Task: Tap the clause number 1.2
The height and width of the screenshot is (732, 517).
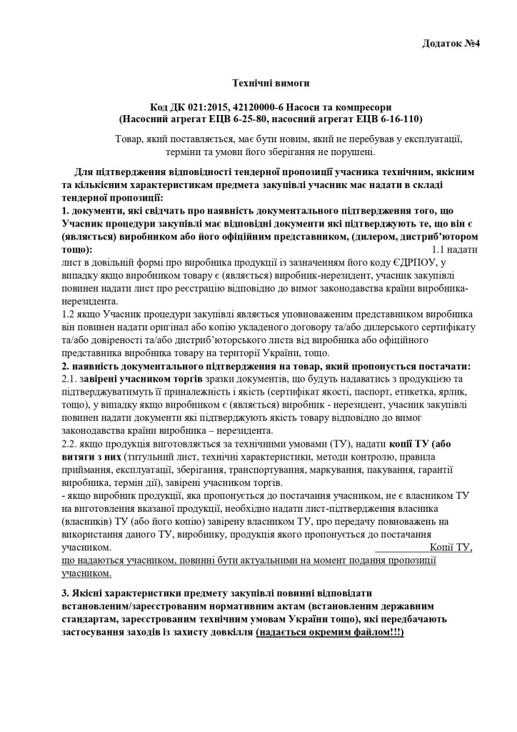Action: (69, 314)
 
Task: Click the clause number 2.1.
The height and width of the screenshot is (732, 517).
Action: (70, 378)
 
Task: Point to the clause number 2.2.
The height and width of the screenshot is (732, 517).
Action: (70, 443)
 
